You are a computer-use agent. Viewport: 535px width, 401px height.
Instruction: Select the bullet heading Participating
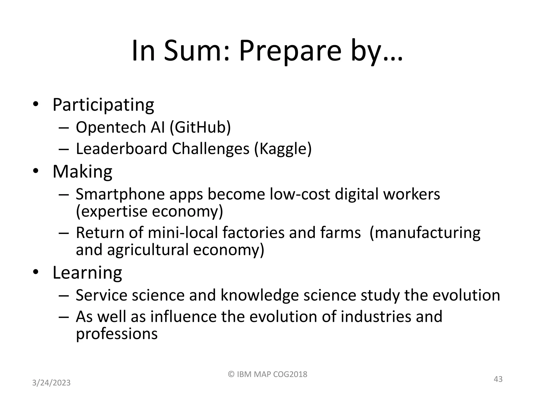click(103, 105)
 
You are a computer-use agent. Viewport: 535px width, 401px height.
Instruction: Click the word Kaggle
click(283, 149)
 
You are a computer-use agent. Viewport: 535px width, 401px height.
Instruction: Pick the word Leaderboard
click(121, 149)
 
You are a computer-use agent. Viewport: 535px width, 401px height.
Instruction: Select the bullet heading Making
click(82, 172)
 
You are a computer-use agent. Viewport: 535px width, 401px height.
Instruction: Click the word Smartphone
click(120, 194)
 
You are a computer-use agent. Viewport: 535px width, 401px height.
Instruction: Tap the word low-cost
click(299, 194)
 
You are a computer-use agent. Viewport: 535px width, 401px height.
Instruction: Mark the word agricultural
click(148, 250)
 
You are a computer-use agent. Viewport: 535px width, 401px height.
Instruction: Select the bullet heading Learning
click(87, 273)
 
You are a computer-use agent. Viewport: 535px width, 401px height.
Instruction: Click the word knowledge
click(259, 295)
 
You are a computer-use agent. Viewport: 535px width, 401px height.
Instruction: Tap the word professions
click(117, 334)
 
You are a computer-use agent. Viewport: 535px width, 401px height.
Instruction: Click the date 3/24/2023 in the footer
click(51, 383)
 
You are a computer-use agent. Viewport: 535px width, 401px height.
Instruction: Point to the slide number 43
click(498, 379)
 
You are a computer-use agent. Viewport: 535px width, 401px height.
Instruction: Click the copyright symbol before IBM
click(231, 374)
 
